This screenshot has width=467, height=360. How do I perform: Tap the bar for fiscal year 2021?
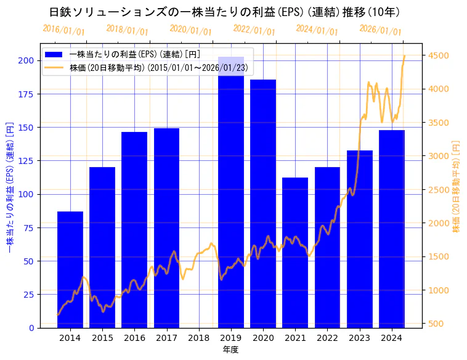pyautogui.click(x=295, y=253)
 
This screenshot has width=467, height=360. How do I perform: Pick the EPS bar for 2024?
pyautogui.click(x=392, y=229)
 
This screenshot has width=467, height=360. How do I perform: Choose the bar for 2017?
pyautogui.click(x=166, y=228)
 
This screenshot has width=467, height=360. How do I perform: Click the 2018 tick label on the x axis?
pyautogui.click(x=198, y=338)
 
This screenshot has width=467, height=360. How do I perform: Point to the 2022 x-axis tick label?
pyautogui.click(x=327, y=338)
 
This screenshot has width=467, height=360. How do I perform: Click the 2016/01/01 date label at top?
pyautogui.click(x=64, y=30)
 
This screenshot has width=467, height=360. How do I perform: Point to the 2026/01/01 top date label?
pyautogui.click(x=380, y=30)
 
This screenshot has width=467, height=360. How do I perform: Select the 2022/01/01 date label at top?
pyautogui.click(x=254, y=30)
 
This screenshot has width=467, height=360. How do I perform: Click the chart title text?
pyautogui.click(x=224, y=12)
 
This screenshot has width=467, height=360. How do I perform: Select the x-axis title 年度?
pyautogui.click(x=230, y=350)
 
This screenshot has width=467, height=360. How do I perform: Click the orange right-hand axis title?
pyautogui.click(x=456, y=186)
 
